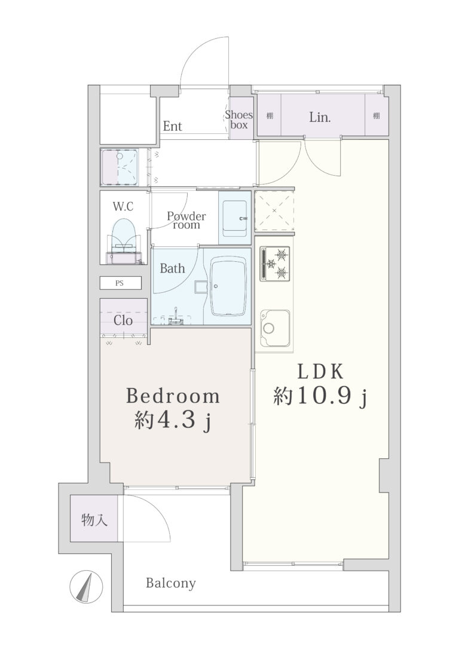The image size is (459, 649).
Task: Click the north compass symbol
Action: click(x=87, y=587)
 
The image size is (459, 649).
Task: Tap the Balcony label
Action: click(x=170, y=583)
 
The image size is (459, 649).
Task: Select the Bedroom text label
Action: click(x=173, y=396)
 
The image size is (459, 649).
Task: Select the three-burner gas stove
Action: click(x=275, y=263)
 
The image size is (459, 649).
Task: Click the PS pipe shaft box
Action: click(x=121, y=283)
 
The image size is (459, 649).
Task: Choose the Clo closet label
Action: click(x=123, y=320)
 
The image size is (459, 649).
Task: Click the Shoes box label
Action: click(x=239, y=120)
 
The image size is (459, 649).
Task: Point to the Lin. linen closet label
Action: click(x=320, y=117)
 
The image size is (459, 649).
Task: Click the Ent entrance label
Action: click(x=172, y=126)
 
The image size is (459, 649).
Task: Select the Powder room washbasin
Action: click(x=235, y=218)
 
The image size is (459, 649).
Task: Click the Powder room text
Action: click(x=186, y=221)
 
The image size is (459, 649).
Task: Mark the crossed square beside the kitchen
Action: click(x=275, y=211)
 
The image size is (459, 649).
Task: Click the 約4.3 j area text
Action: click(x=173, y=421)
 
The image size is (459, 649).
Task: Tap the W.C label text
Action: click(x=123, y=206)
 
